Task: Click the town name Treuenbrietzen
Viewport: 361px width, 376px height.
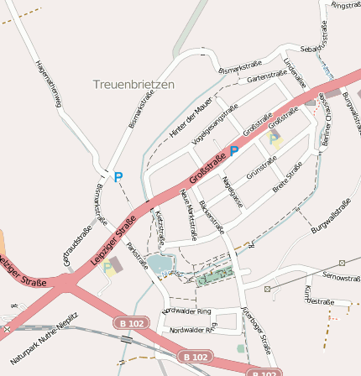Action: coord(133,84)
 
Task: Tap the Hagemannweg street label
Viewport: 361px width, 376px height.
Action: coord(49,85)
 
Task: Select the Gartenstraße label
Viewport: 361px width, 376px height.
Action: coord(262,77)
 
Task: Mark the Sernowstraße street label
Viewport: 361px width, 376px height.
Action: coord(340,276)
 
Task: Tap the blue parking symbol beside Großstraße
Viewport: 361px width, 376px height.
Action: coord(234,150)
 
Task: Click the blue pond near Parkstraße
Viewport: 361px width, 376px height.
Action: coord(160,265)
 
